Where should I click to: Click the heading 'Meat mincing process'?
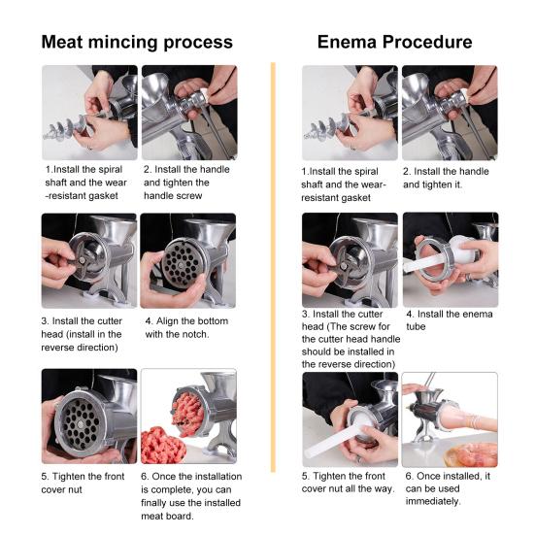click(136, 42)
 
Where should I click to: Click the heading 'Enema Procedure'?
click(394, 42)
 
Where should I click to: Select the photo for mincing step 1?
click(89, 112)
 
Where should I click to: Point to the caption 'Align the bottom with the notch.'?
click(186, 328)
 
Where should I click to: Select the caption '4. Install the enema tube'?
click(449, 320)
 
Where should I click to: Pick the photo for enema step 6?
click(449, 419)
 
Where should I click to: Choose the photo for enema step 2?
click(449, 112)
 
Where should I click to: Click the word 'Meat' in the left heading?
click(65, 42)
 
